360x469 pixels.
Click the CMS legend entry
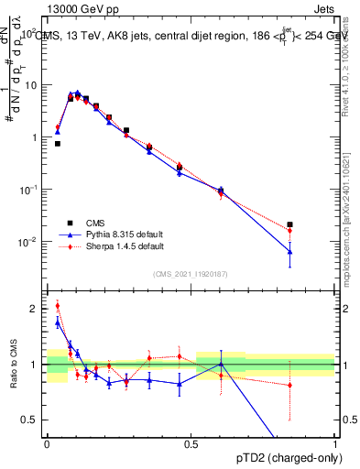point(95,223)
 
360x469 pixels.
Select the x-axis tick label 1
point(335,443)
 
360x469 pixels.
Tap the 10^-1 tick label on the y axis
point(28,190)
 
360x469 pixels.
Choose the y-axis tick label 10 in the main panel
point(31,85)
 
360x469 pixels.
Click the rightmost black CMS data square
point(289,224)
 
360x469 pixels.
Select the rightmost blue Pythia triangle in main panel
point(289,251)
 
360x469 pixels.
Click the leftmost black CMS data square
point(58,144)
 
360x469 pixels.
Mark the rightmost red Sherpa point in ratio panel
point(289,385)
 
